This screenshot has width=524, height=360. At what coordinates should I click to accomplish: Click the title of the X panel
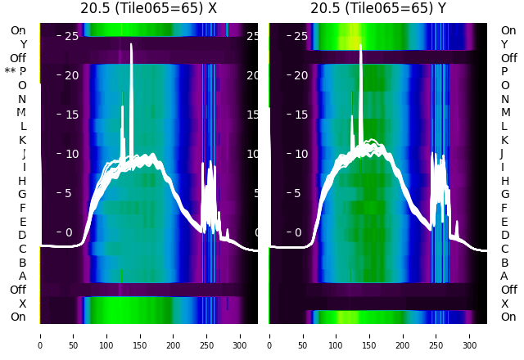(149, 8)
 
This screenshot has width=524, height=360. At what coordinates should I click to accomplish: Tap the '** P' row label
(16, 71)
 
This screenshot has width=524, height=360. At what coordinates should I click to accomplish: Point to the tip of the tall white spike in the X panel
(131, 44)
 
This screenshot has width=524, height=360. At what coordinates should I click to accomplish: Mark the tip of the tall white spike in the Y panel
(360, 45)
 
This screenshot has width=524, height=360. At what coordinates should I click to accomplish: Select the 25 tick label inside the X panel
(71, 36)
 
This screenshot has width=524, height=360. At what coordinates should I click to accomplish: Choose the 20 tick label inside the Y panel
(301, 75)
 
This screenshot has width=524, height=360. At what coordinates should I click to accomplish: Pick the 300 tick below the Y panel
(470, 335)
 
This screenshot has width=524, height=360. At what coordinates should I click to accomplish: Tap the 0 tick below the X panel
(39, 335)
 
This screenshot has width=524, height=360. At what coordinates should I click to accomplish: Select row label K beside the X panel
(22, 140)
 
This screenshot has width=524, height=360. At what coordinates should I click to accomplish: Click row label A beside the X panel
(22, 276)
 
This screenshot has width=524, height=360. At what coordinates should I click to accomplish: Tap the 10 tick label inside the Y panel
(301, 154)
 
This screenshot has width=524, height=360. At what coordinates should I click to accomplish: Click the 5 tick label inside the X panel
(69, 193)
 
